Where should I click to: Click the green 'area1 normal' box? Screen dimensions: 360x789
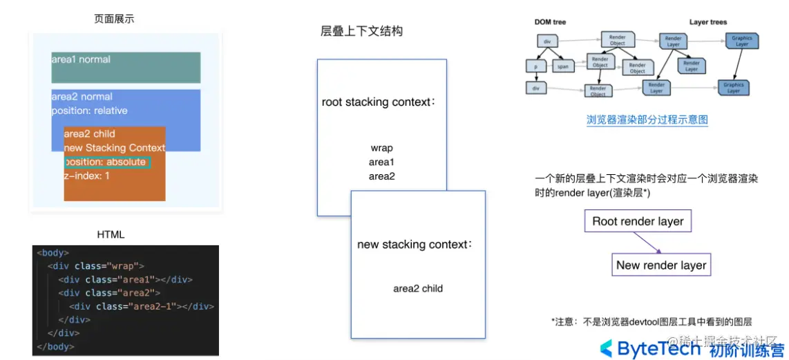point(126,67)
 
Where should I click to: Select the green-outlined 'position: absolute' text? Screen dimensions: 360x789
point(106,162)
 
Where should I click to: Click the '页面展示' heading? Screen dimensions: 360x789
point(114,19)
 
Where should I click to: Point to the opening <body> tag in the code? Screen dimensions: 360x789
point(53,253)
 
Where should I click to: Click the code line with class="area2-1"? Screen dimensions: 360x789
point(141,306)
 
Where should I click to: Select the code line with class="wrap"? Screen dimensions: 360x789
point(96,266)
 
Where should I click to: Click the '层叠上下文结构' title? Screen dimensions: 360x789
point(361,31)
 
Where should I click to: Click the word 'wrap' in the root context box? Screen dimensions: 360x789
point(381,148)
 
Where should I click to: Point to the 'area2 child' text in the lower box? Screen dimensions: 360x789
point(418,288)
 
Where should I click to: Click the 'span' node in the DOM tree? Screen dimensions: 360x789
point(563,67)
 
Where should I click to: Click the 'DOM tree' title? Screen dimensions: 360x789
point(550,22)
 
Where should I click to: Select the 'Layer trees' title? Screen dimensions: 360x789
point(707,22)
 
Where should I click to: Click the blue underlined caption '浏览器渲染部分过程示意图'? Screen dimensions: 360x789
point(647,120)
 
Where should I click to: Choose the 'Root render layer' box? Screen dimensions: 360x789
point(638,221)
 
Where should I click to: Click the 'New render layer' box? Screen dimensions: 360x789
point(661,265)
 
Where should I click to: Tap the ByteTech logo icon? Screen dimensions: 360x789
point(605,348)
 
